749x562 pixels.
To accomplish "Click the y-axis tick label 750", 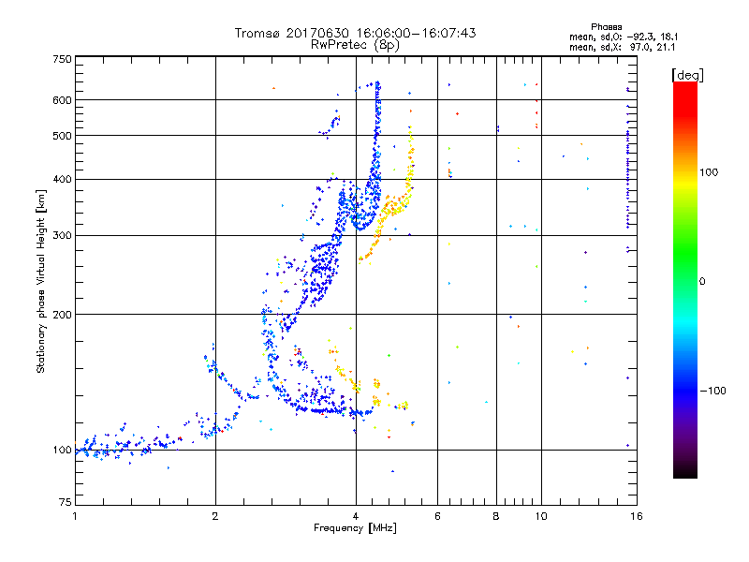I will pyautogui.click(x=63, y=59).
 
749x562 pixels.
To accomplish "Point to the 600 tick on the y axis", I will pyautogui.click(x=63, y=100).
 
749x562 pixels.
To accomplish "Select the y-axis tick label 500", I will pyautogui.click(x=63, y=136).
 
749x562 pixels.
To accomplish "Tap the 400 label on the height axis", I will pyautogui.click(x=63, y=179).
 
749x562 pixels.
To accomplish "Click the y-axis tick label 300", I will pyautogui.click(x=63, y=235).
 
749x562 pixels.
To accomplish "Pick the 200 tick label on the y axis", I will pyautogui.click(x=63, y=314).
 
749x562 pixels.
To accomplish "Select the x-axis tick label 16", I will pyautogui.click(x=635, y=516).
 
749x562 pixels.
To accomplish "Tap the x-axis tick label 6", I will pyautogui.click(x=438, y=516).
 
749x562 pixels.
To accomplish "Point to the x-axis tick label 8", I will pyautogui.click(x=497, y=516).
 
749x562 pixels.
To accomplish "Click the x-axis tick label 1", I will pyautogui.click(x=75, y=516).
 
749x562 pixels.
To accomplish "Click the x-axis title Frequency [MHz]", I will pyautogui.click(x=355, y=528).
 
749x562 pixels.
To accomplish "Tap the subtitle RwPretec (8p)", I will pyautogui.click(x=355, y=44).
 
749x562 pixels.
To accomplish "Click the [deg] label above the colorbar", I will pyautogui.click(x=686, y=74).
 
